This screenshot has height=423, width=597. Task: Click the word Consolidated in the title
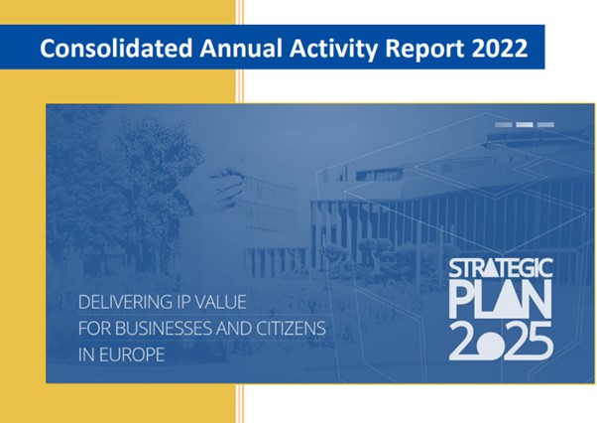tap(116, 48)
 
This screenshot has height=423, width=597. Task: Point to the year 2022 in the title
tap(500, 48)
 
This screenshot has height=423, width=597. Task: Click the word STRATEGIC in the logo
tap(501, 268)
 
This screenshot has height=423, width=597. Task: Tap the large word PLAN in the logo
tap(500, 300)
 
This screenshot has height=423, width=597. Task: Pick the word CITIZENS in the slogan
tap(291, 329)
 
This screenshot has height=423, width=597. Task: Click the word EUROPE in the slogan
tap(132, 354)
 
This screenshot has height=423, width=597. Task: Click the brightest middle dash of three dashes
tap(525, 124)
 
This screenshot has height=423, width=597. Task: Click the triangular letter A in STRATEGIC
tap(491, 268)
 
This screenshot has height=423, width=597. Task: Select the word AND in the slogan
tap(234, 329)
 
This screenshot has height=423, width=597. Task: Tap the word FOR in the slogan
tap(95, 329)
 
